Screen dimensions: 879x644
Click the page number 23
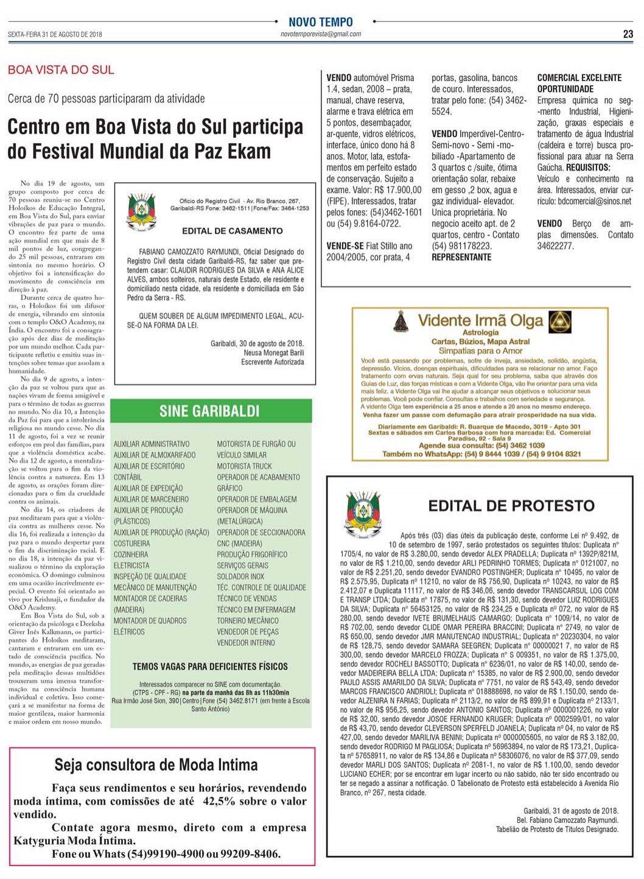tap(628, 34)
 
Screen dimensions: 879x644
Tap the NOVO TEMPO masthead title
tap(320, 22)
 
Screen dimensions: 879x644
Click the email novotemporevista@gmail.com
tap(321, 35)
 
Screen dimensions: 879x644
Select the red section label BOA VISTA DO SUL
tap(61, 70)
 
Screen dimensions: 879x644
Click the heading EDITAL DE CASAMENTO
tap(232, 231)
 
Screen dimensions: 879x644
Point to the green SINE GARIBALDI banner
tap(209, 411)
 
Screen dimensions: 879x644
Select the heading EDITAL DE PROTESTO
tap(511, 506)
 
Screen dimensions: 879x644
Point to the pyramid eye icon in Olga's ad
tap(559, 321)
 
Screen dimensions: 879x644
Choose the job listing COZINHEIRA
tap(131, 554)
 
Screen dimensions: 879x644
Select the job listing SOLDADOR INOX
tap(240, 576)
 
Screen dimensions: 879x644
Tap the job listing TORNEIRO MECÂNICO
tap(248, 621)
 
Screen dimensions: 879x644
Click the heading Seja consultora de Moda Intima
tap(156, 764)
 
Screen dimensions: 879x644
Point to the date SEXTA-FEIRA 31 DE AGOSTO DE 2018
tap(55, 35)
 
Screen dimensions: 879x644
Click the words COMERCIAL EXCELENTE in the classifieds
tap(579, 78)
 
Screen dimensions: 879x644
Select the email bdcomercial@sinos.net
tap(594, 201)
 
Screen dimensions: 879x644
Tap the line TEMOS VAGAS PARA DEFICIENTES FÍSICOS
tap(210, 666)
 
